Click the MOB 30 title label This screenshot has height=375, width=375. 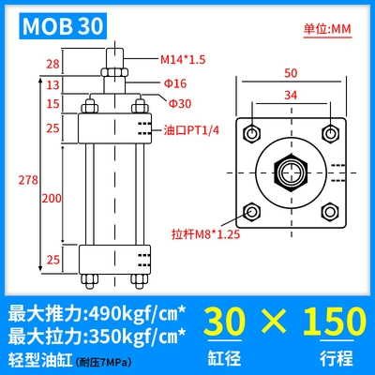(63, 26)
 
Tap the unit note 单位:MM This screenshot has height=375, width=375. (327, 29)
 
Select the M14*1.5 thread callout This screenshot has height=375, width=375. (183, 59)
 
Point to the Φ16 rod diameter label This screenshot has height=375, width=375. (175, 83)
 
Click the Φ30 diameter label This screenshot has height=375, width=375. (180, 103)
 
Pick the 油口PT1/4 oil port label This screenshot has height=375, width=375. (191, 130)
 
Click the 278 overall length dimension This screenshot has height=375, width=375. (28, 180)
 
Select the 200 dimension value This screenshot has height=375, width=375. (52, 198)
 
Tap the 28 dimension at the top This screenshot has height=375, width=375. (52, 64)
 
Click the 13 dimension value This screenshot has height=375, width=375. (52, 84)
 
